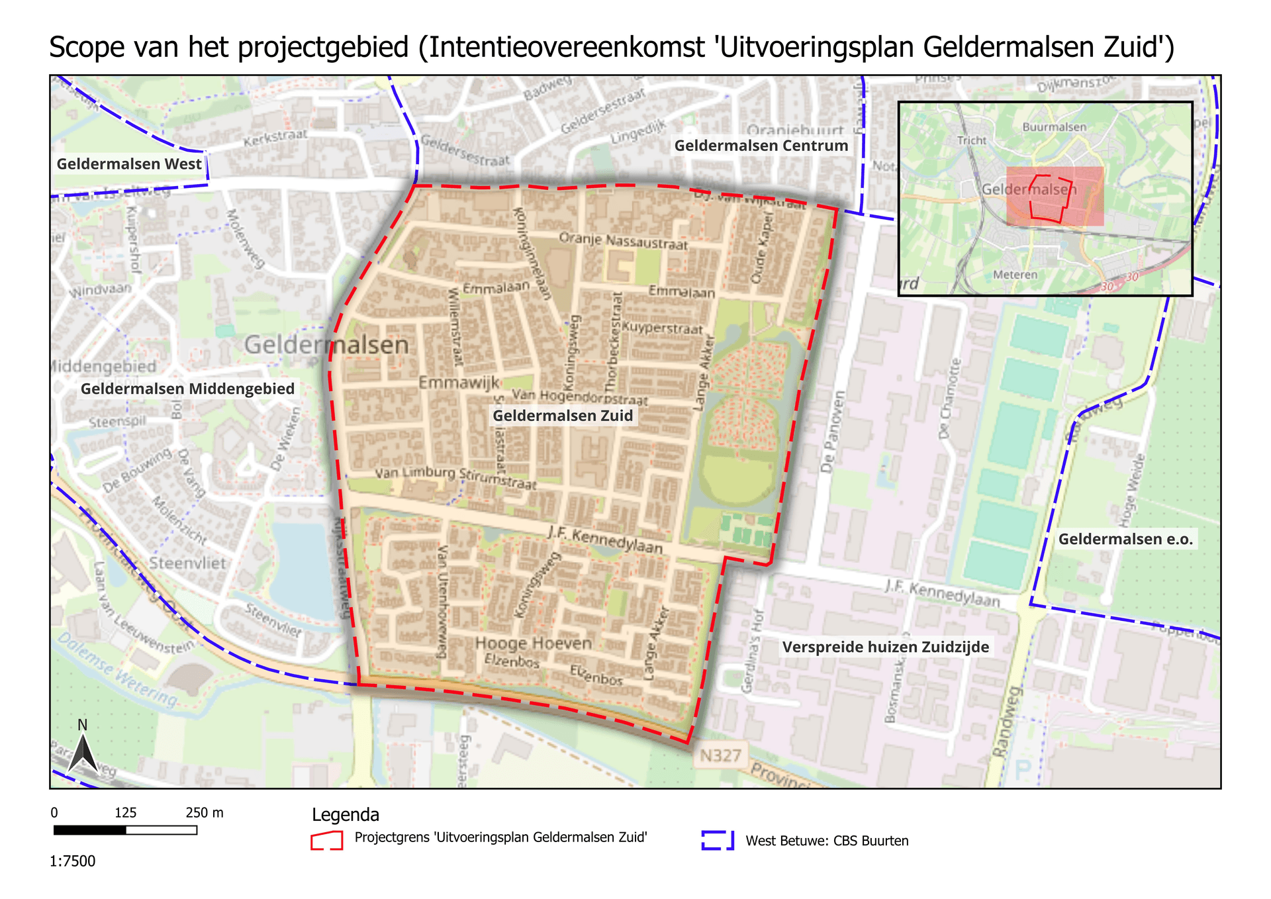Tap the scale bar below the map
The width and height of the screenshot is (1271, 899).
(125, 830)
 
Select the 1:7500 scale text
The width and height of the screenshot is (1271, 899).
(73, 861)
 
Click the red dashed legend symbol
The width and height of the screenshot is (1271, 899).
(327, 840)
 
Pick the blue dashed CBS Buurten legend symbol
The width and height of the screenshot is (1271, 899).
(718, 840)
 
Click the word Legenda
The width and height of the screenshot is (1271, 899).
(346, 815)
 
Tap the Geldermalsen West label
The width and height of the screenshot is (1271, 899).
(129, 164)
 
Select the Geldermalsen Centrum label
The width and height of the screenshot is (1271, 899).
(761, 146)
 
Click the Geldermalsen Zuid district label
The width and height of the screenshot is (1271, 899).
(563, 416)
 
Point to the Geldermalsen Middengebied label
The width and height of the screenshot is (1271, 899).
(187, 389)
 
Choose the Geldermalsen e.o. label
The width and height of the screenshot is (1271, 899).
(1125, 539)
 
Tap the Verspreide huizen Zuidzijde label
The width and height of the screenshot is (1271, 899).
(886, 647)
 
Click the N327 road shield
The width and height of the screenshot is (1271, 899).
(720, 755)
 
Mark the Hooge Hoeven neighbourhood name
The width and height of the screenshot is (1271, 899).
(533, 643)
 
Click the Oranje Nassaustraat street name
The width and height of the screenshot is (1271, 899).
(623, 241)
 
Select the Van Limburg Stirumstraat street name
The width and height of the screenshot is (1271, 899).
(455, 478)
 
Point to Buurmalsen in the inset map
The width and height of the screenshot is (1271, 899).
(1054, 127)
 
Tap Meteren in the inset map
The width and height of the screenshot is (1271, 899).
(1015, 275)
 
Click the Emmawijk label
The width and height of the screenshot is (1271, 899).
(459, 383)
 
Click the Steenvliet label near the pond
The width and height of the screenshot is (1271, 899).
(187, 563)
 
